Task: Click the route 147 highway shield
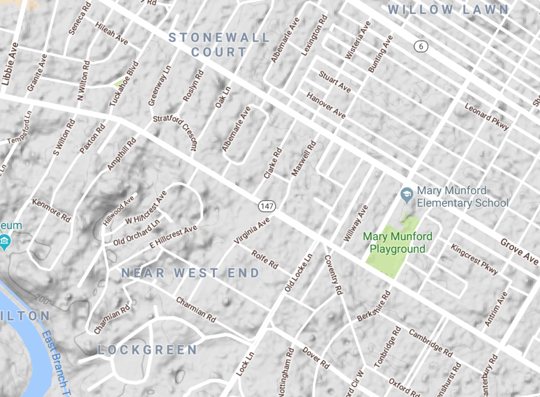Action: [266, 204]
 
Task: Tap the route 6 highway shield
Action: [420, 46]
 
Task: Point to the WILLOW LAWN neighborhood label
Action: [448, 10]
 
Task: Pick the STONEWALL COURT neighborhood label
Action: [219, 45]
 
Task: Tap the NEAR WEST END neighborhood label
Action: [190, 273]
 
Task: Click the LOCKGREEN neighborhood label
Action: [147, 350]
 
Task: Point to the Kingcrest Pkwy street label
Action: [474, 259]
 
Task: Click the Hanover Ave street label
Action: [326, 105]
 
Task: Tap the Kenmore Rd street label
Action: [51, 210]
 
